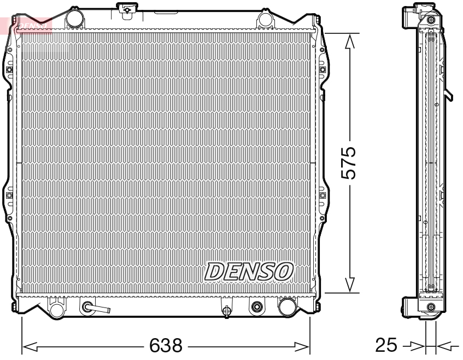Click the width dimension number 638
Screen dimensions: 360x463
pos(166,345)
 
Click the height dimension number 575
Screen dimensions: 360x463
pos(348,163)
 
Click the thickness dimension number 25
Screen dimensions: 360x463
pos(386,345)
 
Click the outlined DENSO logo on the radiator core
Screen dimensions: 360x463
pos(249,271)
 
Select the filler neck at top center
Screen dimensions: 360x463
pos(126,9)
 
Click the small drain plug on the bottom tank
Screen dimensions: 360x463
pos(226,311)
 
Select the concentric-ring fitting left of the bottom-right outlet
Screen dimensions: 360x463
pos(256,307)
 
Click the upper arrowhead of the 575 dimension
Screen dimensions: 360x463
pos(350,40)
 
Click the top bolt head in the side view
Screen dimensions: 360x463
pos(431,20)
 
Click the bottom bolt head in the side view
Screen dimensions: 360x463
pos(431,306)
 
